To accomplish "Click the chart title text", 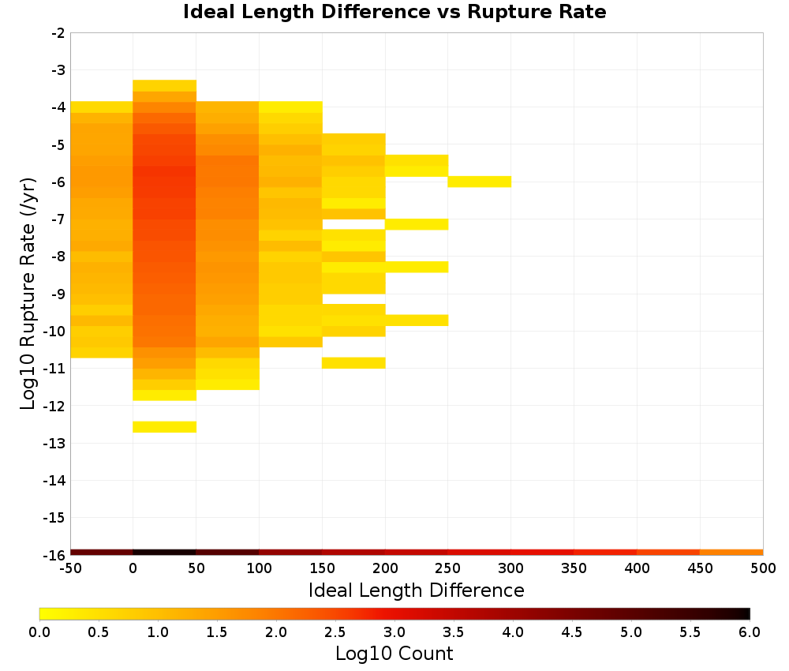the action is pos(394,12).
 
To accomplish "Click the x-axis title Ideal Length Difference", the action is pos(416,590).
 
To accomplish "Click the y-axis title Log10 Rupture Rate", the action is pos(28,294).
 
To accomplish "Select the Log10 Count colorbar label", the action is pos(394,654).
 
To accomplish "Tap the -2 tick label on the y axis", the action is pos(58,33).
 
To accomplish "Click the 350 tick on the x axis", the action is pos(574,568).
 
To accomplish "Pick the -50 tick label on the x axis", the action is pos(70,568).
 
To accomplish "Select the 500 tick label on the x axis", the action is pos(763,568).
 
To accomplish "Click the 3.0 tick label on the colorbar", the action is pos(394,632).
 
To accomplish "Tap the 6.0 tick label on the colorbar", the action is pos(750,632).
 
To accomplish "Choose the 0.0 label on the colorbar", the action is pos(39,632).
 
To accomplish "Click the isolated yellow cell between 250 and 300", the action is pos(480,182).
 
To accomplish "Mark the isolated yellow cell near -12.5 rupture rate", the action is pos(165,427).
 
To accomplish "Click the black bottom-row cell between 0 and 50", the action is pos(165,553).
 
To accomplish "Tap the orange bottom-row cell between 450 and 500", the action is pos(731,553).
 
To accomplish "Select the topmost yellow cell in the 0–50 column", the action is pos(165,85).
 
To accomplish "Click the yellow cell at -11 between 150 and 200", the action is pos(353,363).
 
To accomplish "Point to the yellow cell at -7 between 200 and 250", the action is pos(417,224).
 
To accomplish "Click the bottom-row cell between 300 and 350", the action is pos(543,553).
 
